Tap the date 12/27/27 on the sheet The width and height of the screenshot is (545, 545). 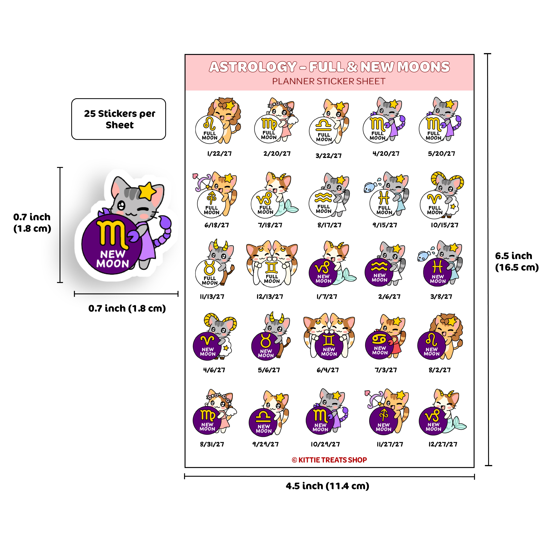pos(443,444)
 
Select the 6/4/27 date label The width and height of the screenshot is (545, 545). pos(328,370)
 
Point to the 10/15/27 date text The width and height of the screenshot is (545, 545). pos(444,225)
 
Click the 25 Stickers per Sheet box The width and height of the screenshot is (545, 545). pos(119,119)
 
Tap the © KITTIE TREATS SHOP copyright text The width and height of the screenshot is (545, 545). pos(329,460)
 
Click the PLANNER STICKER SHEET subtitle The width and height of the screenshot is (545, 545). pos(329,81)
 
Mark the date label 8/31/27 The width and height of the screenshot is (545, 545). pos(212,444)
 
